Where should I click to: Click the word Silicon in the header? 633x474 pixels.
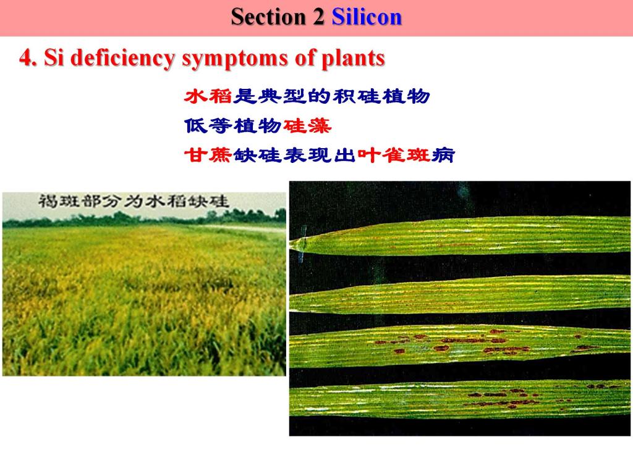[367, 17]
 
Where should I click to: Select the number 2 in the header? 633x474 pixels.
[318, 17]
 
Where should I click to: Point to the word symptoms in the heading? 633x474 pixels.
[236, 59]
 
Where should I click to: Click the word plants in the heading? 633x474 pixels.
[353, 59]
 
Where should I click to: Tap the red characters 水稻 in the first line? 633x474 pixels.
[208, 97]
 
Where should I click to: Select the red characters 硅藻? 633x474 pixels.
[307, 126]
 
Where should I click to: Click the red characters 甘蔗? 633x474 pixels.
[208, 155]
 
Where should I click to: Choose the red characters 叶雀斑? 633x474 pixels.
[394, 155]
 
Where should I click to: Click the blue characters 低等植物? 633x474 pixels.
[233, 126]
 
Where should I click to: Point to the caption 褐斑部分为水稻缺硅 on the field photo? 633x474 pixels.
[134, 201]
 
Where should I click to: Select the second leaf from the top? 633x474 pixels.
[460, 295]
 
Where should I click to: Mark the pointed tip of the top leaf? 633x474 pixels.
[292, 243]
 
